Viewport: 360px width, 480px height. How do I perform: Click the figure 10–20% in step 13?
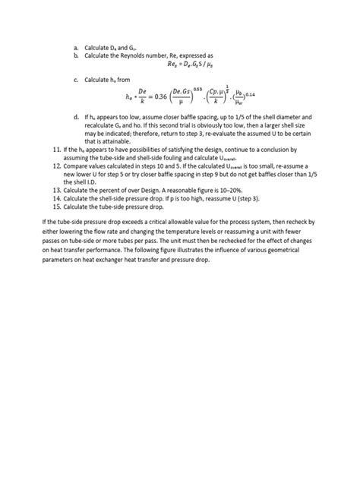click(x=227, y=177)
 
